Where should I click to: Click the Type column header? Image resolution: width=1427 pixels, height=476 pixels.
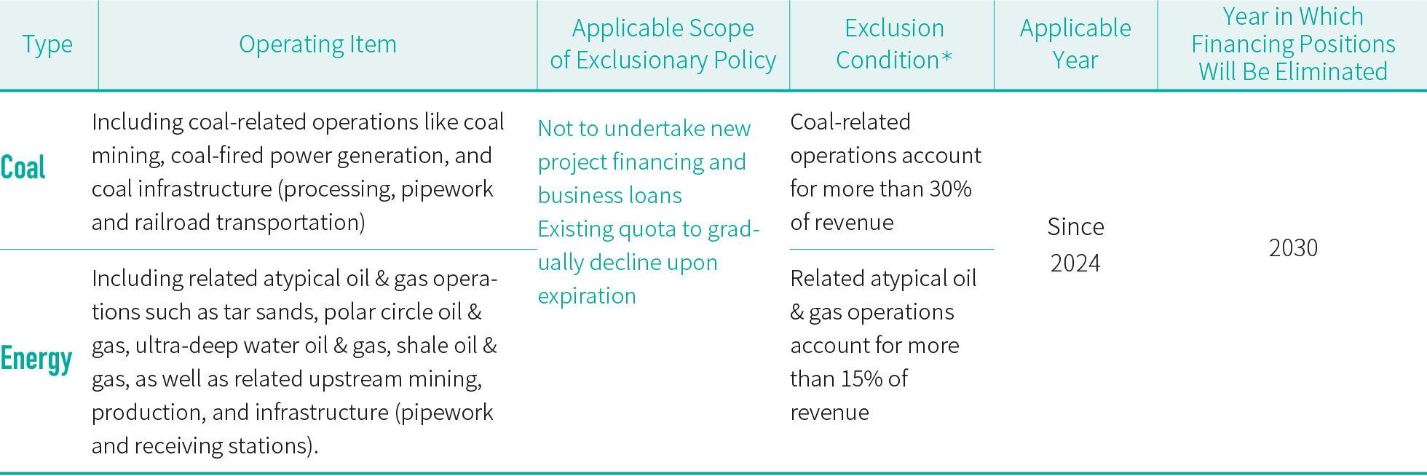point(47,44)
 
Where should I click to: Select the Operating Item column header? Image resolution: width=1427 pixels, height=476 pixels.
point(317,44)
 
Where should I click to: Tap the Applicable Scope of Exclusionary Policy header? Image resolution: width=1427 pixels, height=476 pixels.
point(663,44)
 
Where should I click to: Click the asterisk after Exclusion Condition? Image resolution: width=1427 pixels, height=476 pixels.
point(946,56)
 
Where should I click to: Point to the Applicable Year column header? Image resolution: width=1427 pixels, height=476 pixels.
point(1075,44)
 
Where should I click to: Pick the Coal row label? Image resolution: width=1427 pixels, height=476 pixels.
point(23,167)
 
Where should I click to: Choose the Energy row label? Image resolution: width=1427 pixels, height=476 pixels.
point(36,359)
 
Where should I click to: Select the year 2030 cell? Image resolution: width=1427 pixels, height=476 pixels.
point(1293,248)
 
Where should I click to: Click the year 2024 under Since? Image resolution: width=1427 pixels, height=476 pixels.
point(1075,263)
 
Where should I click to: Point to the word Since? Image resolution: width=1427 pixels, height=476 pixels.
point(1075,227)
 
